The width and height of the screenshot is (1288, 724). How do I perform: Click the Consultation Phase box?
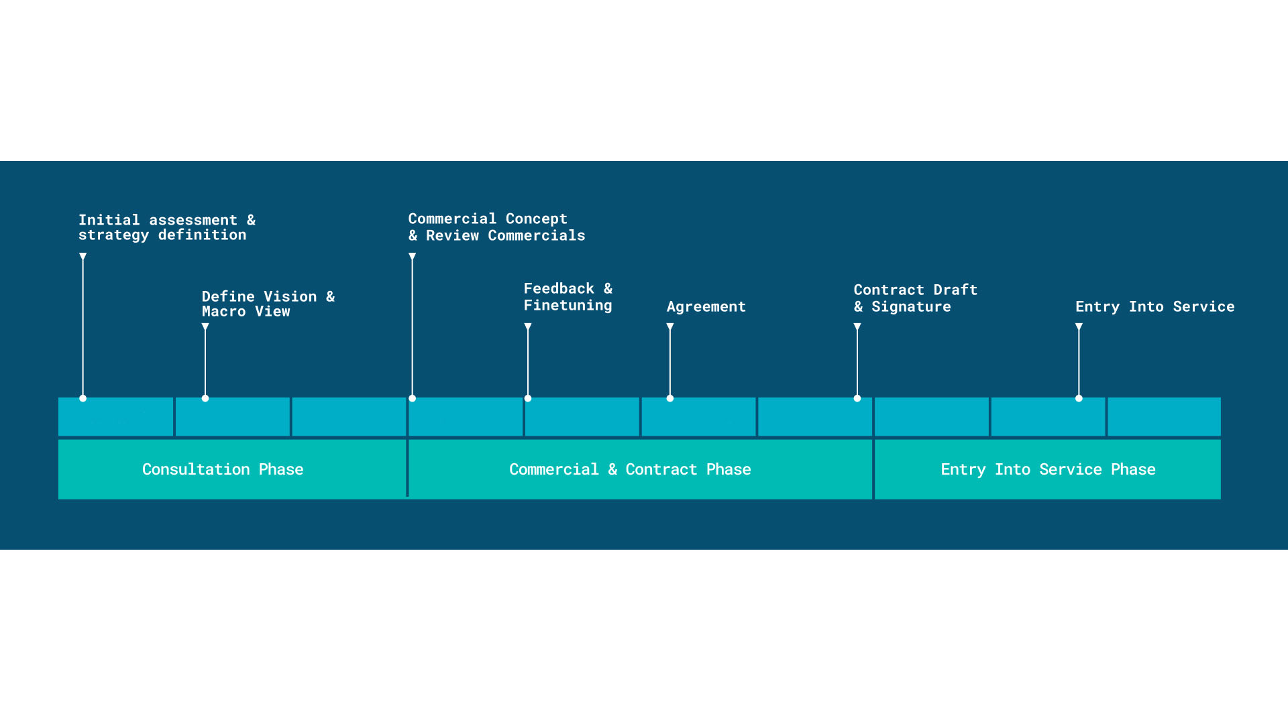tap(232, 469)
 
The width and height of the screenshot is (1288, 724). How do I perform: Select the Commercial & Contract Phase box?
tap(640, 469)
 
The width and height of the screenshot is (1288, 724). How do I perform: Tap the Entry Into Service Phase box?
tap(1048, 469)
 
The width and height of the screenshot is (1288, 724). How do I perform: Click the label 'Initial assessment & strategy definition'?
tap(167, 227)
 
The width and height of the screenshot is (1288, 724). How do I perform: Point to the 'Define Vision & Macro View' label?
tap(268, 304)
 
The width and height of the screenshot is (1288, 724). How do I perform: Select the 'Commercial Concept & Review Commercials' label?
tap(497, 227)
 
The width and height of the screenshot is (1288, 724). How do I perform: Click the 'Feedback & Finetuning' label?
tap(568, 297)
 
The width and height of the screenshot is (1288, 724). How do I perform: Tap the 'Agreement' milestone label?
tap(706, 307)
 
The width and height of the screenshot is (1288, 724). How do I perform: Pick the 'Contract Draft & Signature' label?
tap(916, 298)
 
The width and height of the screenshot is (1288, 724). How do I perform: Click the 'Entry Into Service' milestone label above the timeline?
tap(1155, 306)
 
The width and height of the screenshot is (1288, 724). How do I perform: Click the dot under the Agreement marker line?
tap(670, 398)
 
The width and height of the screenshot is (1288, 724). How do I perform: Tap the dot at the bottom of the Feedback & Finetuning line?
tap(528, 398)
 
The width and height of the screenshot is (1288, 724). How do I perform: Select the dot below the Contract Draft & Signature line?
tap(857, 398)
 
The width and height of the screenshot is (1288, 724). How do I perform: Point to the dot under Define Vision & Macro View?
tap(205, 398)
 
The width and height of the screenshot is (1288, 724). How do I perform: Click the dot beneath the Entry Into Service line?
tap(1079, 398)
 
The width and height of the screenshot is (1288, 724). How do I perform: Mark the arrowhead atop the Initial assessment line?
tap(83, 257)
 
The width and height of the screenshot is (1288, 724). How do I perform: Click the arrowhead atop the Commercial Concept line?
tap(413, 257)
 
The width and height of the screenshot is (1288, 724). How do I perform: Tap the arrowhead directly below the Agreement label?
tap(670, 327)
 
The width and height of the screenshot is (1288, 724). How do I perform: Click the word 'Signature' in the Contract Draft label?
tap(911, 307)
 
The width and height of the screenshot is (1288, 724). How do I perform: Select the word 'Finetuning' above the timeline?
tap(568, 306)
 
